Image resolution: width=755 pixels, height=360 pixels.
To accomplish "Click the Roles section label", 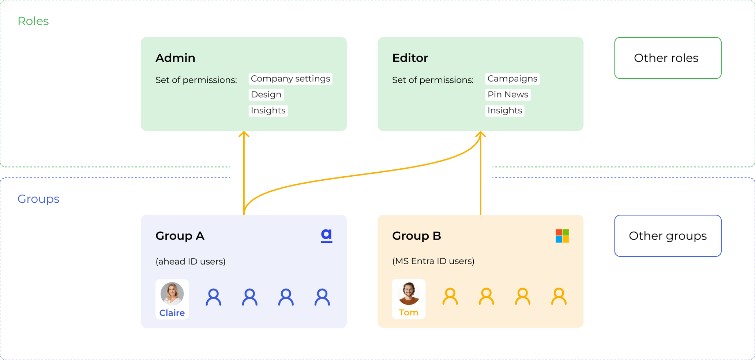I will point(33,21).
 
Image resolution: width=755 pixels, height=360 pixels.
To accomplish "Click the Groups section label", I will point(38,199).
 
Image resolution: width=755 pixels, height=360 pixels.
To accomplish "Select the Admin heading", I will point(175,58).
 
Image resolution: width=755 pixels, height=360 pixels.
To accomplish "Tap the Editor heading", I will point(410,58).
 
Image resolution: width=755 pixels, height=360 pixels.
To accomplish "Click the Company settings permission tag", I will point(290,79).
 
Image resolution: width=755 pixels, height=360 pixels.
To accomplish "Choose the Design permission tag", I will point(266,94).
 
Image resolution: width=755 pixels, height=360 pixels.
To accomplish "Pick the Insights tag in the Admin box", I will point(268,110).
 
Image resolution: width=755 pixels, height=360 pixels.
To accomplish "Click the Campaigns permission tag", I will point(512,79).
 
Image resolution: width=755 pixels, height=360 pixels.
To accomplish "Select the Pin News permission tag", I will point(508,94).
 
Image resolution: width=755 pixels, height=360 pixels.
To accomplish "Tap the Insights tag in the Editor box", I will point(504,110).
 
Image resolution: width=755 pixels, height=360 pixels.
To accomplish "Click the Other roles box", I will point(668,58).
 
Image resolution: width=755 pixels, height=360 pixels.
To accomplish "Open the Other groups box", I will point(668,236).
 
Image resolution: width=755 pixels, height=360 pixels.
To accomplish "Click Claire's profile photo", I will point(172,293).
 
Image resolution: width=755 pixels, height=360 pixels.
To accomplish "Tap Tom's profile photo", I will point(409,293).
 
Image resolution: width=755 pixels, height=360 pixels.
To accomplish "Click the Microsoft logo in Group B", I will point(562,236).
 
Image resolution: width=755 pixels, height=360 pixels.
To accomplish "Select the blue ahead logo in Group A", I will point(326,236).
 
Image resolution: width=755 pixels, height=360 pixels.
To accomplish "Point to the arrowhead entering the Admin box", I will point(244,134).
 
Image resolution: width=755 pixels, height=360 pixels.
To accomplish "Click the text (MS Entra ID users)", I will point(433,261).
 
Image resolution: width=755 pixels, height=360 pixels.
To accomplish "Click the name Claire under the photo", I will point(172,313).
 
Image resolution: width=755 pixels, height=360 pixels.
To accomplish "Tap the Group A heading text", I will point(180,236).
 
